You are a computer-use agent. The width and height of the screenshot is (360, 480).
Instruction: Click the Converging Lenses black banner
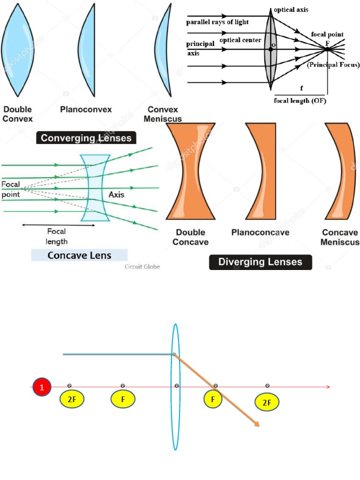click(x=87, y=138)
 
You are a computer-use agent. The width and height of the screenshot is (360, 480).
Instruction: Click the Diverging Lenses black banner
click(x=260, y=262)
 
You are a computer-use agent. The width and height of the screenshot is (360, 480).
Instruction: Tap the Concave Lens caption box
click(x=79, y=255)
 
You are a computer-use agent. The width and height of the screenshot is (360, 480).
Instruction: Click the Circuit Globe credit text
click(x=142, y=267)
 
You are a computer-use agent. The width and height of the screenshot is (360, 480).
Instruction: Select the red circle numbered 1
click(x=42, y=388)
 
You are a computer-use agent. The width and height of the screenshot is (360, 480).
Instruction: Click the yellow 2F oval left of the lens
click(x=72, y=399)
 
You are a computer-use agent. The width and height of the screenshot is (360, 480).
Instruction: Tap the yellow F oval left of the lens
click(x=123, y=399)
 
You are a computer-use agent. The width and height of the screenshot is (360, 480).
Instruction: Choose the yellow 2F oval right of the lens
click(x=267, y=402)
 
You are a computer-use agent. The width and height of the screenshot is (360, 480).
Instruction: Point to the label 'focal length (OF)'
click(x=300, y=101)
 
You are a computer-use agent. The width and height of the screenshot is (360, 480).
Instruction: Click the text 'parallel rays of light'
click(x=217, y=22)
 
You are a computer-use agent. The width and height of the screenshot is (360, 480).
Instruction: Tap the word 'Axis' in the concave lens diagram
click(x=116, y=194)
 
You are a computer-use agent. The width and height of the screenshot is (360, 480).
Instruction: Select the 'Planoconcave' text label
click(x=260, y=232)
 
